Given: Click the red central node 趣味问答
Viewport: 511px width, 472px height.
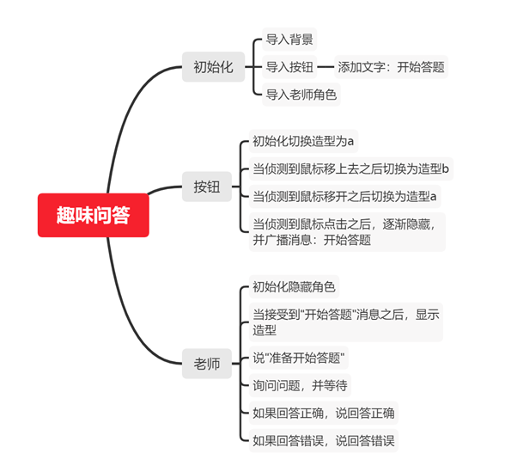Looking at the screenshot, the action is (94, 215).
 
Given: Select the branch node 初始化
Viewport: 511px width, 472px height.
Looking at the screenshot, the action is (213, 67).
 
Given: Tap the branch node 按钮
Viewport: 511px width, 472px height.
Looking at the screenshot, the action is (207, 187).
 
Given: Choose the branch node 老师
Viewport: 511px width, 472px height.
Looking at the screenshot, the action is (207, 364).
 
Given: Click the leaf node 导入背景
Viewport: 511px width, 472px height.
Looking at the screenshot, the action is (289, 40).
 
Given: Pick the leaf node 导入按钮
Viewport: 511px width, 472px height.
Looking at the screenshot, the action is (289, 67).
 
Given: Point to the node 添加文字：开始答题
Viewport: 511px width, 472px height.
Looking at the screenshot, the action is (391, 67).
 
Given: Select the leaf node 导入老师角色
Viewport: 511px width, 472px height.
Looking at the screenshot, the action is (301, 95).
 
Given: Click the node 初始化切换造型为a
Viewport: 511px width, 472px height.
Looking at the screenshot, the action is (303, 141).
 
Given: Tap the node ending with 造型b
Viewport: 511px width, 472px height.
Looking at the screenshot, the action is (351, 169).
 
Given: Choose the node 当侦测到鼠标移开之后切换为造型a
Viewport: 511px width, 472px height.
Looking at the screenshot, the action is (344, 196).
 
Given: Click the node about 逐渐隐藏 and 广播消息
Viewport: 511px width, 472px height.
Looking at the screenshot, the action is (347, 232).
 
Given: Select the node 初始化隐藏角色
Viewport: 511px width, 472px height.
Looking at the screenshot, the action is (294, 286).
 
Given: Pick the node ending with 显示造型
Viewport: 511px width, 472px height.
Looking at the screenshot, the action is (346, 322).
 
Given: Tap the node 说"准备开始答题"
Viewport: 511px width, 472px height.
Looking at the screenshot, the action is (299, 358).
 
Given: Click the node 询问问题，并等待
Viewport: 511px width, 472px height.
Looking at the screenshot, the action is (300, 385).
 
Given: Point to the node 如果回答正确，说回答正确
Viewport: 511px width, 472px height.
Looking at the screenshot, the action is (324, 413).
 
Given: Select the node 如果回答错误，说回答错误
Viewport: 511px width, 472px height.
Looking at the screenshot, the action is (324, 441).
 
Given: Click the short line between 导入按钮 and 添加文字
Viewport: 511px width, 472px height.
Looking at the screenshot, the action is (325, 67).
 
